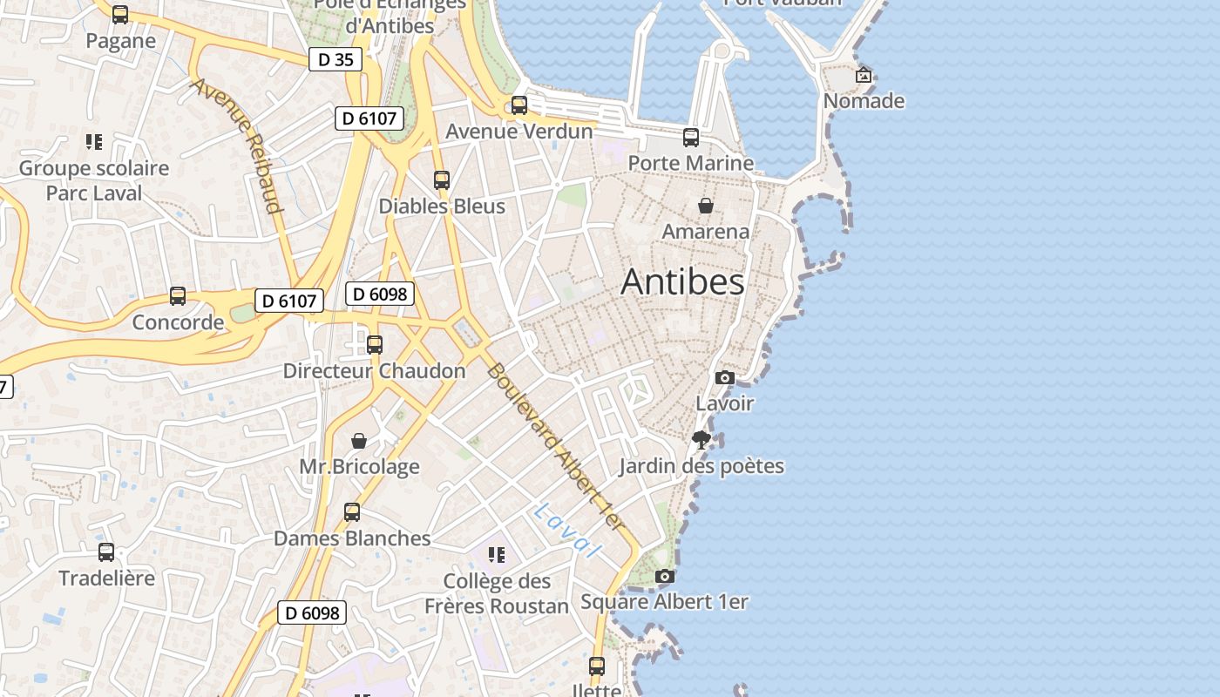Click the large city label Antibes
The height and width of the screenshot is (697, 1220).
682,281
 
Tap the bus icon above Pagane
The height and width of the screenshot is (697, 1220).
120,14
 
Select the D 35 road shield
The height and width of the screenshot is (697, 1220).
335,59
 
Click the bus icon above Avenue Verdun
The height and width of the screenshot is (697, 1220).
519,105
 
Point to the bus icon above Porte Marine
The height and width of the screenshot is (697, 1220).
691,137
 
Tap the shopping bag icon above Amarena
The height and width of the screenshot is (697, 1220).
706,206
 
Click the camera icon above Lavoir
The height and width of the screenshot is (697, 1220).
724,377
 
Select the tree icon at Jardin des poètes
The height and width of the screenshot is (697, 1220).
701,439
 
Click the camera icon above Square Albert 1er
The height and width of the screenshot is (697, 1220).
664,576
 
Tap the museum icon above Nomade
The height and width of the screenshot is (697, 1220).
864,75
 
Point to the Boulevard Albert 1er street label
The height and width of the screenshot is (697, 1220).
556,446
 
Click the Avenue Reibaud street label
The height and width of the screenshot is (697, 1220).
237,145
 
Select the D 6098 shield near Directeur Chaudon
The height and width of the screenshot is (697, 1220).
380,294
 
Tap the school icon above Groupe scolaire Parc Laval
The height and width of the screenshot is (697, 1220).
94,141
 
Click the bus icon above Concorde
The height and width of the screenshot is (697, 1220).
178,296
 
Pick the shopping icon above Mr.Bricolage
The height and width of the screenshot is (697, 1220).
359,441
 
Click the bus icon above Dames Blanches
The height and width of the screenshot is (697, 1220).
352,511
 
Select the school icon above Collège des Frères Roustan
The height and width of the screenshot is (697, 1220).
497,555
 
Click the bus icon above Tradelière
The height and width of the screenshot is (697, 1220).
106,552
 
